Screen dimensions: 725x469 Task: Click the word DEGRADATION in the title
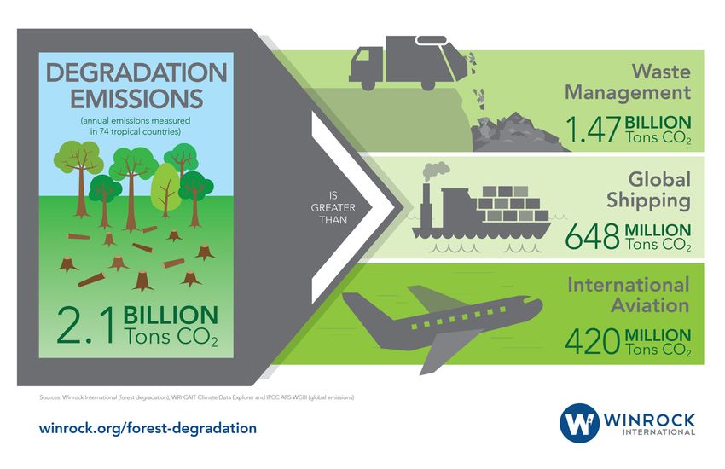pos(136,73)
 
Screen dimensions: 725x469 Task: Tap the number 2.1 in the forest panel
pos(85,327)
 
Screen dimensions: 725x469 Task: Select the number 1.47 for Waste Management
pos(594,129)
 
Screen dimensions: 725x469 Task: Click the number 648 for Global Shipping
pos(592,235)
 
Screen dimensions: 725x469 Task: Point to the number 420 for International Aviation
pos(592,341)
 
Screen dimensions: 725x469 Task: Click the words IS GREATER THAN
pos(333,208)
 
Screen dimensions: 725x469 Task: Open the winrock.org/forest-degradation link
pos(148,428)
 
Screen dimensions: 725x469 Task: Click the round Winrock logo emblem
pos(579,423)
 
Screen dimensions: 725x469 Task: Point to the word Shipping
pos(648,200)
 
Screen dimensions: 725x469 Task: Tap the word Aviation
pos(651,305)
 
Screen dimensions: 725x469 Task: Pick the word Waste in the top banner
pos(661,72)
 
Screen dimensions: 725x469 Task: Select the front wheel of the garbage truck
pos(368,84)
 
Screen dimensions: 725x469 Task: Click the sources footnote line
pos(196,397)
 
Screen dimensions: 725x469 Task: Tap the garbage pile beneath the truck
pos(518,133)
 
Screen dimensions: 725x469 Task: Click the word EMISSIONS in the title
pos(136,99)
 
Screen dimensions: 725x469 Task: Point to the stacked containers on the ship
pos(513,204)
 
